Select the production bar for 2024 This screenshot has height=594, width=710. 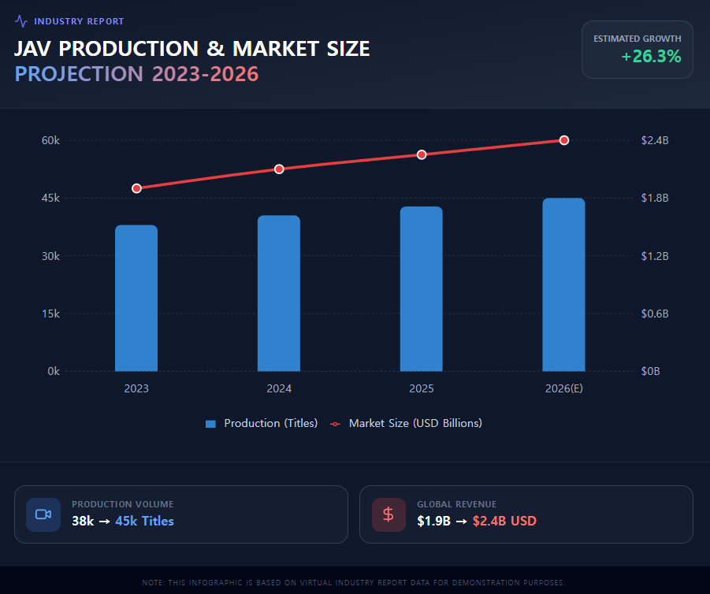tap(279, 293)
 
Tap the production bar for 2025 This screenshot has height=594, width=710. tap(422, 288)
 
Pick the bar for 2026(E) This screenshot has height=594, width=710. tap(564, 284)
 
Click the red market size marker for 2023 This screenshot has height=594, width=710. tap(136, 188)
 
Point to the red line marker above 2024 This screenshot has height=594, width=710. tap(279, 169)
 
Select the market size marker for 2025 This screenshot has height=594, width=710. tap(422, 154)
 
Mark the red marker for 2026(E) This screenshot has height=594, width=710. tap(564, 140)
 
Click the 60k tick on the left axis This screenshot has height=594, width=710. tap(51, 140)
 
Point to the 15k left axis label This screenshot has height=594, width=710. tap(51, 314)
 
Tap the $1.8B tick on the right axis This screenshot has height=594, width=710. tap(655, 198)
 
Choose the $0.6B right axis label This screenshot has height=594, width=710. tap(655, 314)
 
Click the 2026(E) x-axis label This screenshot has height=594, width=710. tap(564, 388)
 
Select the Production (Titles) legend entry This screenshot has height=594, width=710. tap(262, 423)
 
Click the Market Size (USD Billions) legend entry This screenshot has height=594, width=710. tap(407, 423)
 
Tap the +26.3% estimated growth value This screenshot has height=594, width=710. tap(651, 57)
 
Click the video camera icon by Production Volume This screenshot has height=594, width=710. tap(43, 514)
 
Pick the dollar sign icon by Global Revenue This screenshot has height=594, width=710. tap(388, 514)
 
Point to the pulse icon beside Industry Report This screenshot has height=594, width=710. tap(21, 21)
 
